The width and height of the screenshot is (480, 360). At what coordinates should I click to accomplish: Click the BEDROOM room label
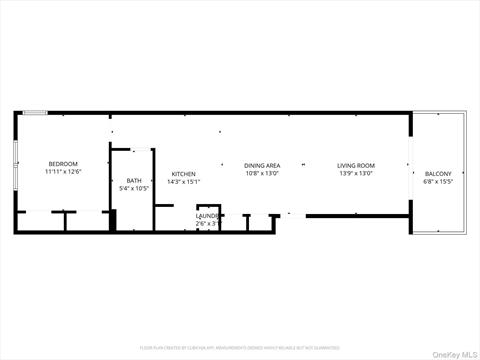(x=63, y=163)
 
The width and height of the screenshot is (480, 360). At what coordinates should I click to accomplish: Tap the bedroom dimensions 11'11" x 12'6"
(x=63, y=172)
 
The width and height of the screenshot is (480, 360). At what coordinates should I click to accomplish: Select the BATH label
(x=134, y=180)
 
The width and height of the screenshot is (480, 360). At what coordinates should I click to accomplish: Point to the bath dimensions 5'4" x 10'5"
(x=134, y=188)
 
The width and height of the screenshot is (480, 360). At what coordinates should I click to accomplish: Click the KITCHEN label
(x=183, y=173)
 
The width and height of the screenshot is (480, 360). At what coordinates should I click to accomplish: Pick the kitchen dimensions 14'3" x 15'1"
(x=183, y=181)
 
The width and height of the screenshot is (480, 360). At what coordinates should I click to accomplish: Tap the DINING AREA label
(x=262, y=165)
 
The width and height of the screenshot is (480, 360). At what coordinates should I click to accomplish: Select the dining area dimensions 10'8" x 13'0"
(x=262, y=173)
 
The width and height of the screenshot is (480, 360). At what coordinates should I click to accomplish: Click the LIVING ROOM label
(x=355, y=165)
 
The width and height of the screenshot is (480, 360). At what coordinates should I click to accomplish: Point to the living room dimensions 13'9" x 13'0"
(x=355, y=173)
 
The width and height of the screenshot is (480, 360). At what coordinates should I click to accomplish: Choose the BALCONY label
(x=438, y=173)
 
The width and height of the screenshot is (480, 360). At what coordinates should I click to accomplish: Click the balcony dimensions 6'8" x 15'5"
(x=438, y=181)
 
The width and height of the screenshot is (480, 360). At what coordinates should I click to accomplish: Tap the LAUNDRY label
(x=207, y=215)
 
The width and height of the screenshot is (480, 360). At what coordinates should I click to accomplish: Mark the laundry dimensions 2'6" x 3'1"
(x=207, y=223)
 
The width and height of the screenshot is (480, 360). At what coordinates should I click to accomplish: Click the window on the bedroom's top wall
(x=34, y=113)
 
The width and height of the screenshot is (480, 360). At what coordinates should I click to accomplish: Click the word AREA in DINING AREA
(x=272, y=165)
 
